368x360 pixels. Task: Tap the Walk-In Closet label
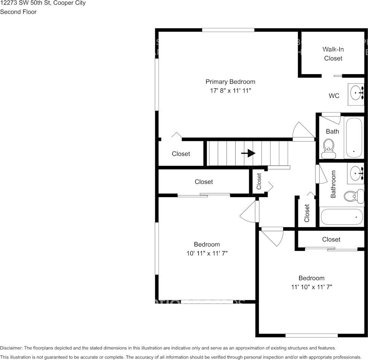click(333, 54)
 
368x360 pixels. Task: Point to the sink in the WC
click(357, 92)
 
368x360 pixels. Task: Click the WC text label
click(334, 96)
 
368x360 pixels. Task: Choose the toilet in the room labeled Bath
click(328, 148)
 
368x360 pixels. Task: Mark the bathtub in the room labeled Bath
click(354, 137)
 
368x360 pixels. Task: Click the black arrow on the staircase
click(248, 153)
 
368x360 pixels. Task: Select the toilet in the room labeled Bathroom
click(350, 196)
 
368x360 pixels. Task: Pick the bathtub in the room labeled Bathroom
click(341, 217)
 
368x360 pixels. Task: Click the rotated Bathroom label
click(333, 184)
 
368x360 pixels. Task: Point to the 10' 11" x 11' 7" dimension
click(207, 253)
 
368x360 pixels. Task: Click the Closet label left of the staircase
click(181, 154)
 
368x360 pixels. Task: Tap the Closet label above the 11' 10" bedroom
click(331, 239)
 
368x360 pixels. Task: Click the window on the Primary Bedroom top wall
click(228, 30)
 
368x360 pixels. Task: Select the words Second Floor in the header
click(18, 12)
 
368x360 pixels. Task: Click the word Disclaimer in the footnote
click(11, 348)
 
